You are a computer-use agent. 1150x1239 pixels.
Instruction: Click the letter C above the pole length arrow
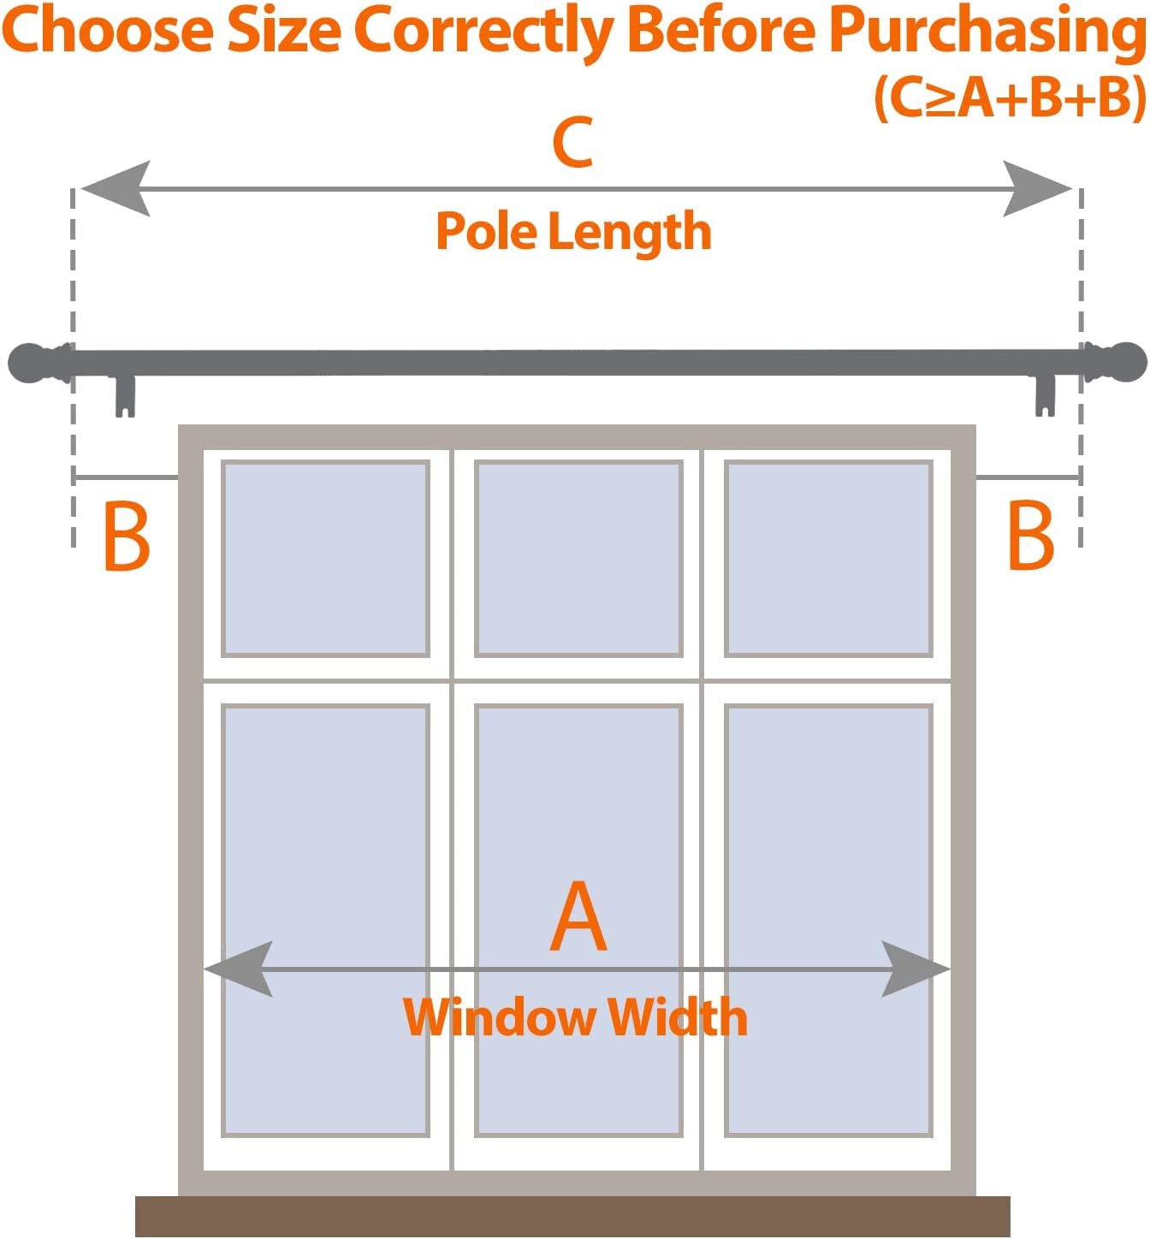pyautogui.click(x=572, y=142)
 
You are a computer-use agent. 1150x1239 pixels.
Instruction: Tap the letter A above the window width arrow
pyautogui.click(x=578, y=916)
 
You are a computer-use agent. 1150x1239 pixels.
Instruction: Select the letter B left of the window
pyautogui.click(x=126, y=537)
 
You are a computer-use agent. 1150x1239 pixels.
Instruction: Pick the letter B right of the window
pyautogui.click(x=1030, y=536)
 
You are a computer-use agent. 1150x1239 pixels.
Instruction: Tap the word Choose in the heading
pyautogui.click(x=108, y=31)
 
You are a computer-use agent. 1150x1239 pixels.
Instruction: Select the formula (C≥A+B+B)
pyautogui.click(x=1010, y=98)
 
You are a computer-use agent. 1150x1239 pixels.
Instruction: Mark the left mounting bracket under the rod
pyautogui.click(x=125, y=396)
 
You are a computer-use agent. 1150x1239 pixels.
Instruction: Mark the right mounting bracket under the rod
pyautogui.click(x=1045, y=396)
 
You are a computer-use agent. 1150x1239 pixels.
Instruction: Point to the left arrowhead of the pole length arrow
pyautogui.click(x=116, y=188)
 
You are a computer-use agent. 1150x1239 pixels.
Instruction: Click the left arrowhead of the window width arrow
pyautogui.click(x=239, y=969)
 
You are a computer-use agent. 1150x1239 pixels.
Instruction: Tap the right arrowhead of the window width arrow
pyautogui.click(x=916, y=969)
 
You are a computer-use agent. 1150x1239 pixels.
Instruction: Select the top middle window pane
pyautogui.click(x=578, y=559)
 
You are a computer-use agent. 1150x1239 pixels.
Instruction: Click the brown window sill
pyautogui.click(x=572, y=1216)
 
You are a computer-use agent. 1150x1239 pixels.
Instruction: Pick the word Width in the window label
pyautogui.click(x=678, y=1017)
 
